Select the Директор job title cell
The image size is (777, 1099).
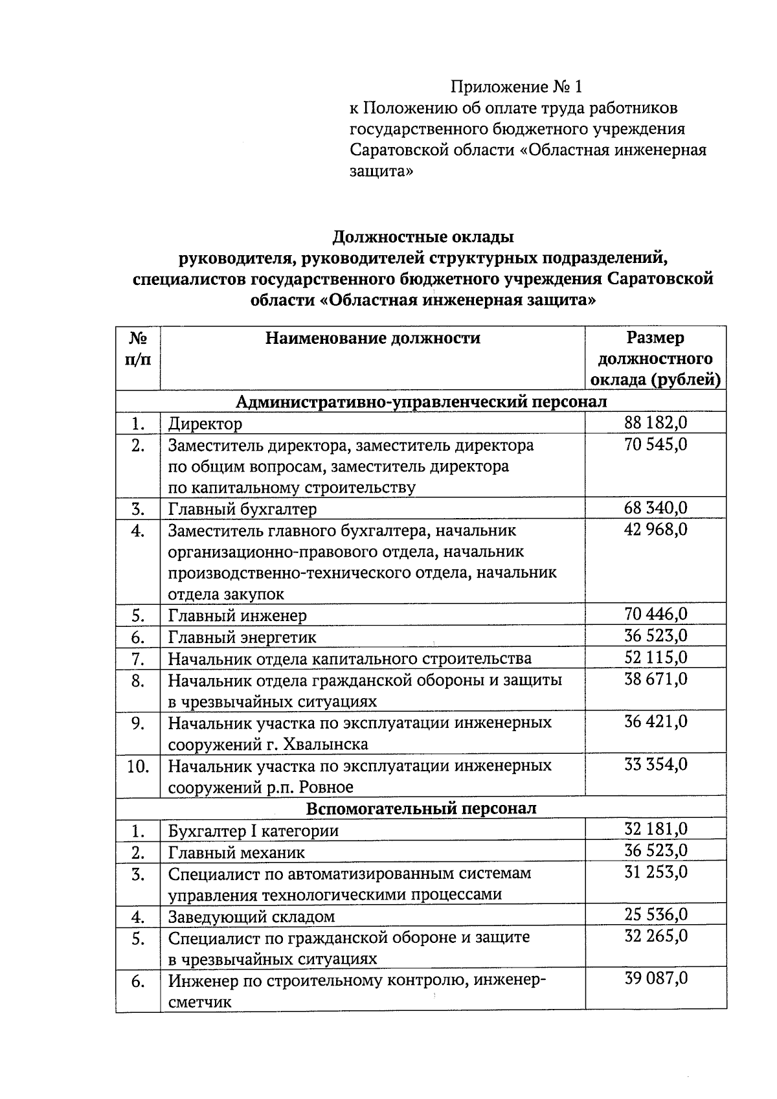pyautogui.click(x=205, y=424)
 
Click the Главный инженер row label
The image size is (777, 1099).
pyautogui.click(x=237, y=615)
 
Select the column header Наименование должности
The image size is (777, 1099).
pyautogui.click(x=372, y=338)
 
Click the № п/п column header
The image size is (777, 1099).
pyautogui.click(x=137, y=348)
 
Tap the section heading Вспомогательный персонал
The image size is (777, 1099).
pyautogui.click(x=421, y=808)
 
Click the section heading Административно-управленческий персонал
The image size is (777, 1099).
pyautogui.click(x=421, y=402)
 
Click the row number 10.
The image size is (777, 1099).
pyautogui.click(x=138, y=766)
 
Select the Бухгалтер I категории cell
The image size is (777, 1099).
pyautogui.click(x=253, y=831)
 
